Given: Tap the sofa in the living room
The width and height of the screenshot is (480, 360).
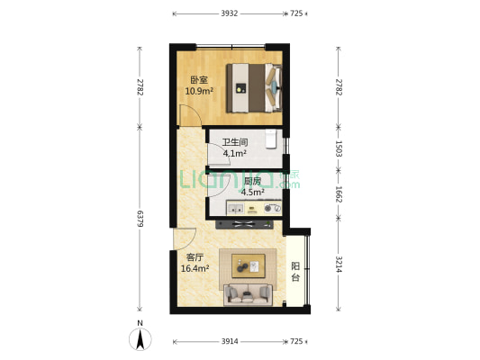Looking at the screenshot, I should click(248, 292).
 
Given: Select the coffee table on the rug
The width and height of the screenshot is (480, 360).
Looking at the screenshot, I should click(248, 265).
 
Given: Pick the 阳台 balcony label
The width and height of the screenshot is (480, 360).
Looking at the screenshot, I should click(296, 272).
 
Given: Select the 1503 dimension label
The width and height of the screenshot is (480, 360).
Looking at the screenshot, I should click(339, 148).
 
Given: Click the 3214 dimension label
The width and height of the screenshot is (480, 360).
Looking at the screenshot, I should click(339, 265).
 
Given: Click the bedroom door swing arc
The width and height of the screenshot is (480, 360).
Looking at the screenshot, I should click(186, 117).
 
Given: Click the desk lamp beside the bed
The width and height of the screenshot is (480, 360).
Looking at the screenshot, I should click(240, 88).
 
